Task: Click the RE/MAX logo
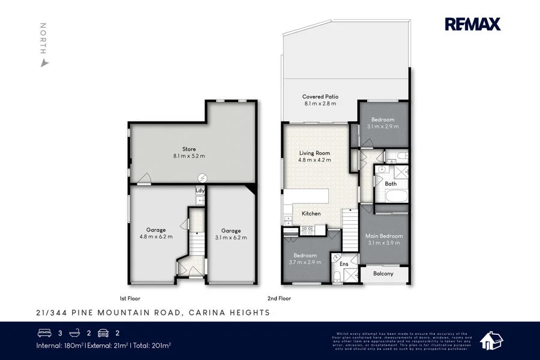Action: (472, 24)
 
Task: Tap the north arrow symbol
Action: (43, 62)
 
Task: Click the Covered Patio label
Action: (320, 96)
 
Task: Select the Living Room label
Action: (315, 153)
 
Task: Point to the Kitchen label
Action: (311, 214)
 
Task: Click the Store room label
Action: (189, 149)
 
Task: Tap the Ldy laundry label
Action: (199, 191)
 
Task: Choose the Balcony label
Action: (383, 274)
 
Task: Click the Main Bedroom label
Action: (384, 236)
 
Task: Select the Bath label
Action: (391, 184)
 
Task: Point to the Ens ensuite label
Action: (344, 264)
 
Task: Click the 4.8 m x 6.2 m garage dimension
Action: (155, 237)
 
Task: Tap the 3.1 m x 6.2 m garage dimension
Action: (230, 238)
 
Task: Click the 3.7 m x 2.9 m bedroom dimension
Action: (306, 262)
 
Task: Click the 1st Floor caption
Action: (130, 298)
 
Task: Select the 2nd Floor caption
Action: (279, 298)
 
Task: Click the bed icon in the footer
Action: (45, 332)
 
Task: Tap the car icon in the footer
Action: (103, 332)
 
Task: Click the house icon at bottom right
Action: (491, 340)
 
